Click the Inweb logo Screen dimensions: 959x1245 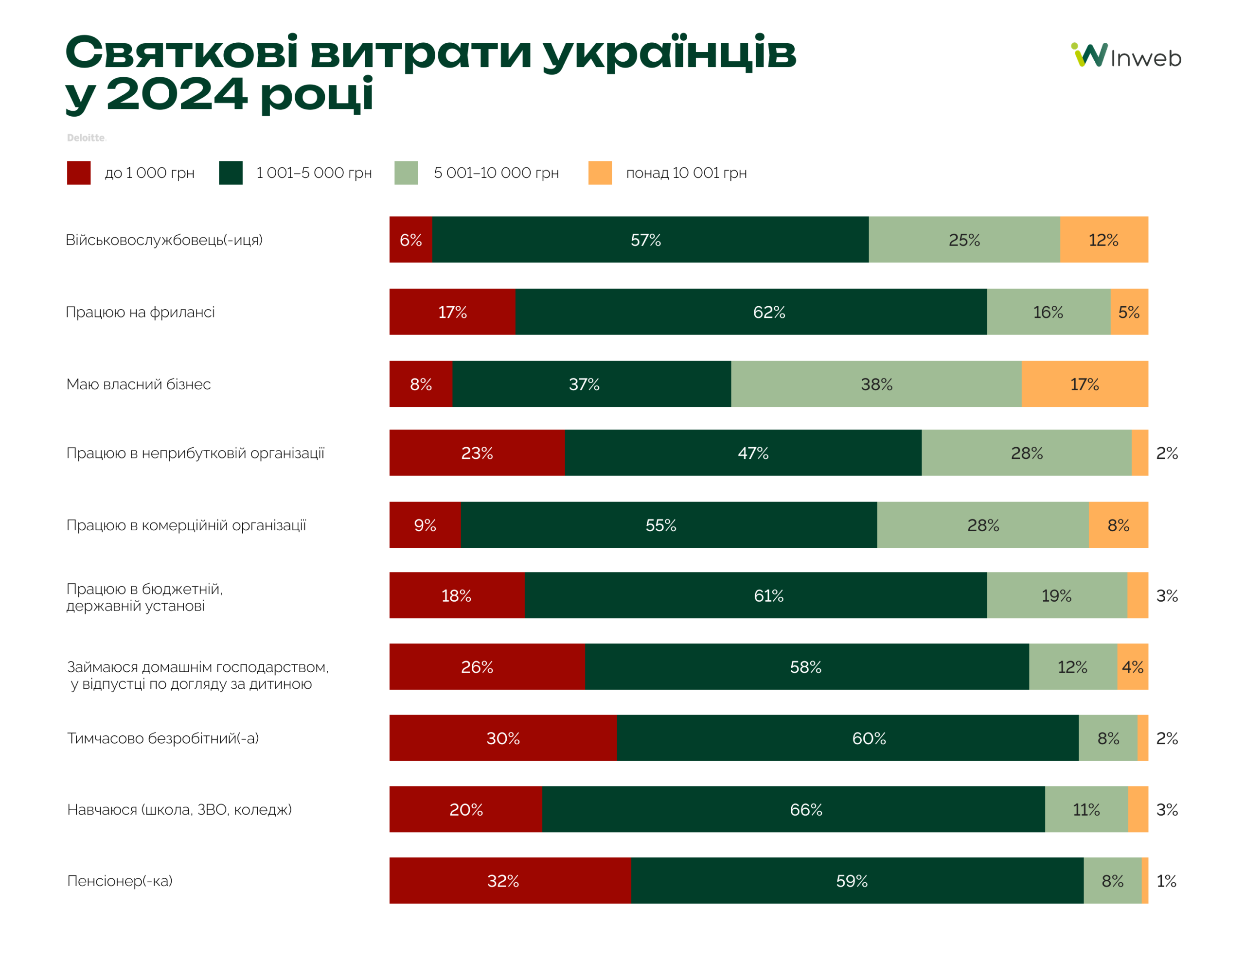(x=1125, y=56)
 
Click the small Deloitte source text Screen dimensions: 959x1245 (x=86, y=138)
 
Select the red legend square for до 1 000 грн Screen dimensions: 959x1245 (x=79, y=173)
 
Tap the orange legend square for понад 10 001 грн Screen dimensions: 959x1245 (x=600, y=173)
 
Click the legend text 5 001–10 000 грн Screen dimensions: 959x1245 (x=496, y=173)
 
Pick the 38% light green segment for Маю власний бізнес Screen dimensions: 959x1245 (x=876, y=384)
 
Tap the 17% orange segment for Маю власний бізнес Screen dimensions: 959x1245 (x=1084, y=384)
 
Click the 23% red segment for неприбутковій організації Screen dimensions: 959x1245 (x=477, y=453)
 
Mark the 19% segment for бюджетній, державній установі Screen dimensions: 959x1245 (x=1056, y=595)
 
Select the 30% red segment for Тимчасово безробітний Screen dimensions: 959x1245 (x=503, y=737)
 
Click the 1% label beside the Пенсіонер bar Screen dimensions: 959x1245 (x=1166, y=880)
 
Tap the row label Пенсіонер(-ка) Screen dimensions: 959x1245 (x=120, y=880)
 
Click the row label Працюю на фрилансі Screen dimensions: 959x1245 (x=140, y=312)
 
